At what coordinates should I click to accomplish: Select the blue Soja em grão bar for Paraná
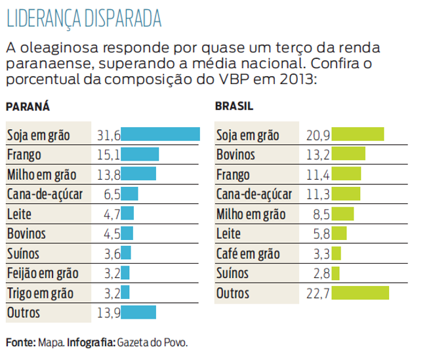(161, 134)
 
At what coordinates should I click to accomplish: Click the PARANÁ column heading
(28, 106)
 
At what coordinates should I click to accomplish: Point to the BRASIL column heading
(234, 106)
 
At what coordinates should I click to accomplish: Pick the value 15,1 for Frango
(109, 155)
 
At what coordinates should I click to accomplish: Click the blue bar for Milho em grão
(138, 174)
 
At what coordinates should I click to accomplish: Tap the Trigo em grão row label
(40, 293)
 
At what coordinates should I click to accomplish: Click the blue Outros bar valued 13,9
(138, 313)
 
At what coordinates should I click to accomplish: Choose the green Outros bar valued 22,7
(360, 293)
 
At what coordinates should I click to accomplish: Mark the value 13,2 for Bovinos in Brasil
(318, 155)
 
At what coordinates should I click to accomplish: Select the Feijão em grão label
(42, 273)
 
